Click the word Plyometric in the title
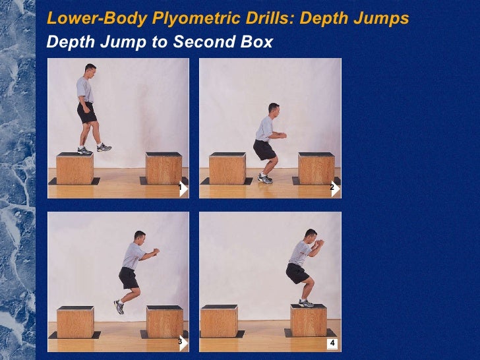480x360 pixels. click(196, 18)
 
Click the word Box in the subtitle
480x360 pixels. click(256, 42)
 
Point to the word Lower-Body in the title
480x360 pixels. click(97, 18)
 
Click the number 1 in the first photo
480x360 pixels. click(181, 187)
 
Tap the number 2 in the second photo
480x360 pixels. click(332, 187)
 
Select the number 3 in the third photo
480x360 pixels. click(181, 341)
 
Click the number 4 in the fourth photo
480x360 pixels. click(332, 343)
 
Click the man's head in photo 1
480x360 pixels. click(90, 71)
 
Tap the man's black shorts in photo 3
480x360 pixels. click(129, 278)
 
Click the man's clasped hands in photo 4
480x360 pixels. click(320, 243)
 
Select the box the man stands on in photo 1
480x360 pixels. click(75, 168)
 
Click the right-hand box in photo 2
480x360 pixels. click(316, 168)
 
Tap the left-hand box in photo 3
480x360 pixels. click(75, 322)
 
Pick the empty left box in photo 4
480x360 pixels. click(219, 321)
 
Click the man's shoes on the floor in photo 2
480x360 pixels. click(265, 179)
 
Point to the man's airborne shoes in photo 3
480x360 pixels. click(119, 307)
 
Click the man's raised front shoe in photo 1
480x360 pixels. click(104, 148)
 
